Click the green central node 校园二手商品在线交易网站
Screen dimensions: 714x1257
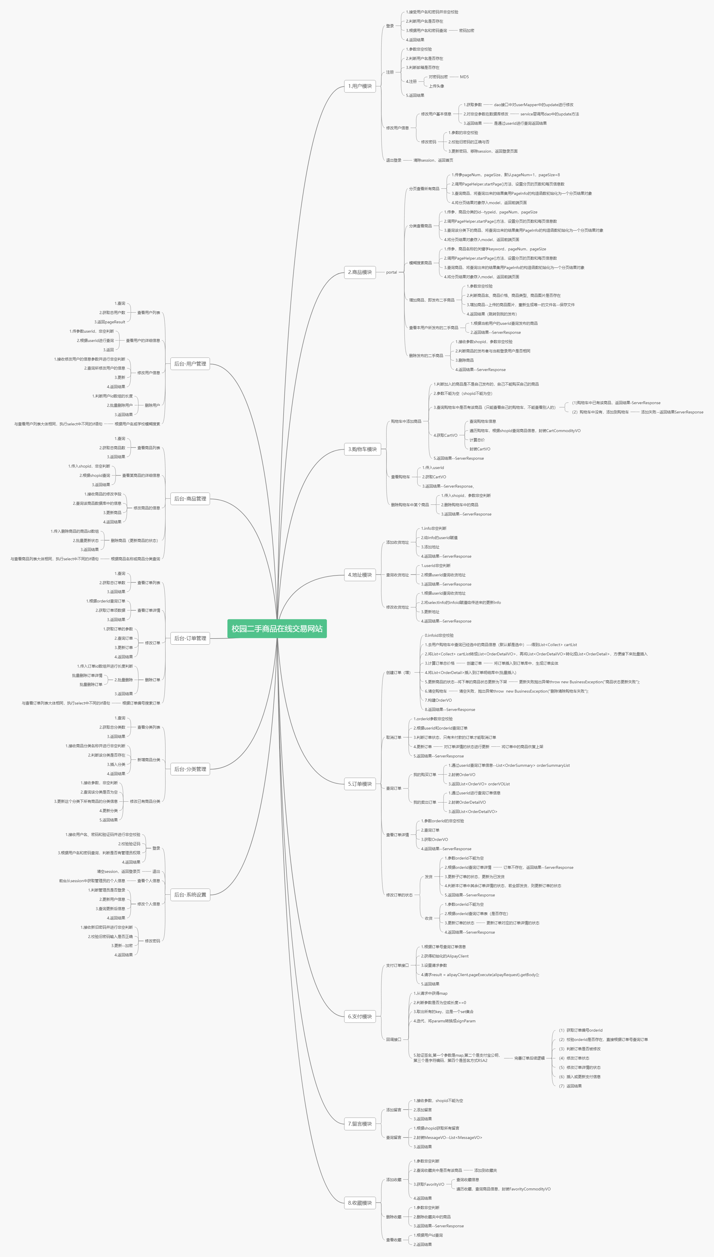pyautogui.click(x=277, y=629)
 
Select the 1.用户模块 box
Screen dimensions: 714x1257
pyautogui.click(x=360, y=86)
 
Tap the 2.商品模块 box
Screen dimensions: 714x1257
pyautogui.click(x=360, y=272)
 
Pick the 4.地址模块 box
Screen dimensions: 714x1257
pyautogui.click(x=360, y=575)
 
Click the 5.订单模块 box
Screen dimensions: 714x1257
pyautogui.click(x=360, y=784)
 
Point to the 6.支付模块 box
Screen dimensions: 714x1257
pyautogui.click(x=360, y=1016)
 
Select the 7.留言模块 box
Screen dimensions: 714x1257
pyautogui.click(x=360, y=1124)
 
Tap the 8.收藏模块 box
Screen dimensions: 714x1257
pyautogui.click(x=360, y=1203)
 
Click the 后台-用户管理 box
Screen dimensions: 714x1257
pyautogui.click(x=190, y=364)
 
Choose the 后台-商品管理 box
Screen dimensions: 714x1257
pyautogui.click(x=190, y=499)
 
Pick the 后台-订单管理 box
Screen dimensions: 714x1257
pyautogui.click(x=190, y=638)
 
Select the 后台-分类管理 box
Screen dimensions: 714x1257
pyautogui.click(x=190, y=769)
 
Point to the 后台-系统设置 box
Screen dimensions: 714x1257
pyautogui.click(x=190, y=895)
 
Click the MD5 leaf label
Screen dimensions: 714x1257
pyautogui.click(x=464, y=77)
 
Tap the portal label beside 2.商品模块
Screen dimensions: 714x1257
pyautogui.click(x=391, y=272)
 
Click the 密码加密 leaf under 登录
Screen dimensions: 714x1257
pyautogui.click(x=466, y=31)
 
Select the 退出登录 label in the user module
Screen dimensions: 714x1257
pyautogui.click(x=393, y=160)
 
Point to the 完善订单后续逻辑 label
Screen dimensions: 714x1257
pyautogui.click(x=529, y=1058)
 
